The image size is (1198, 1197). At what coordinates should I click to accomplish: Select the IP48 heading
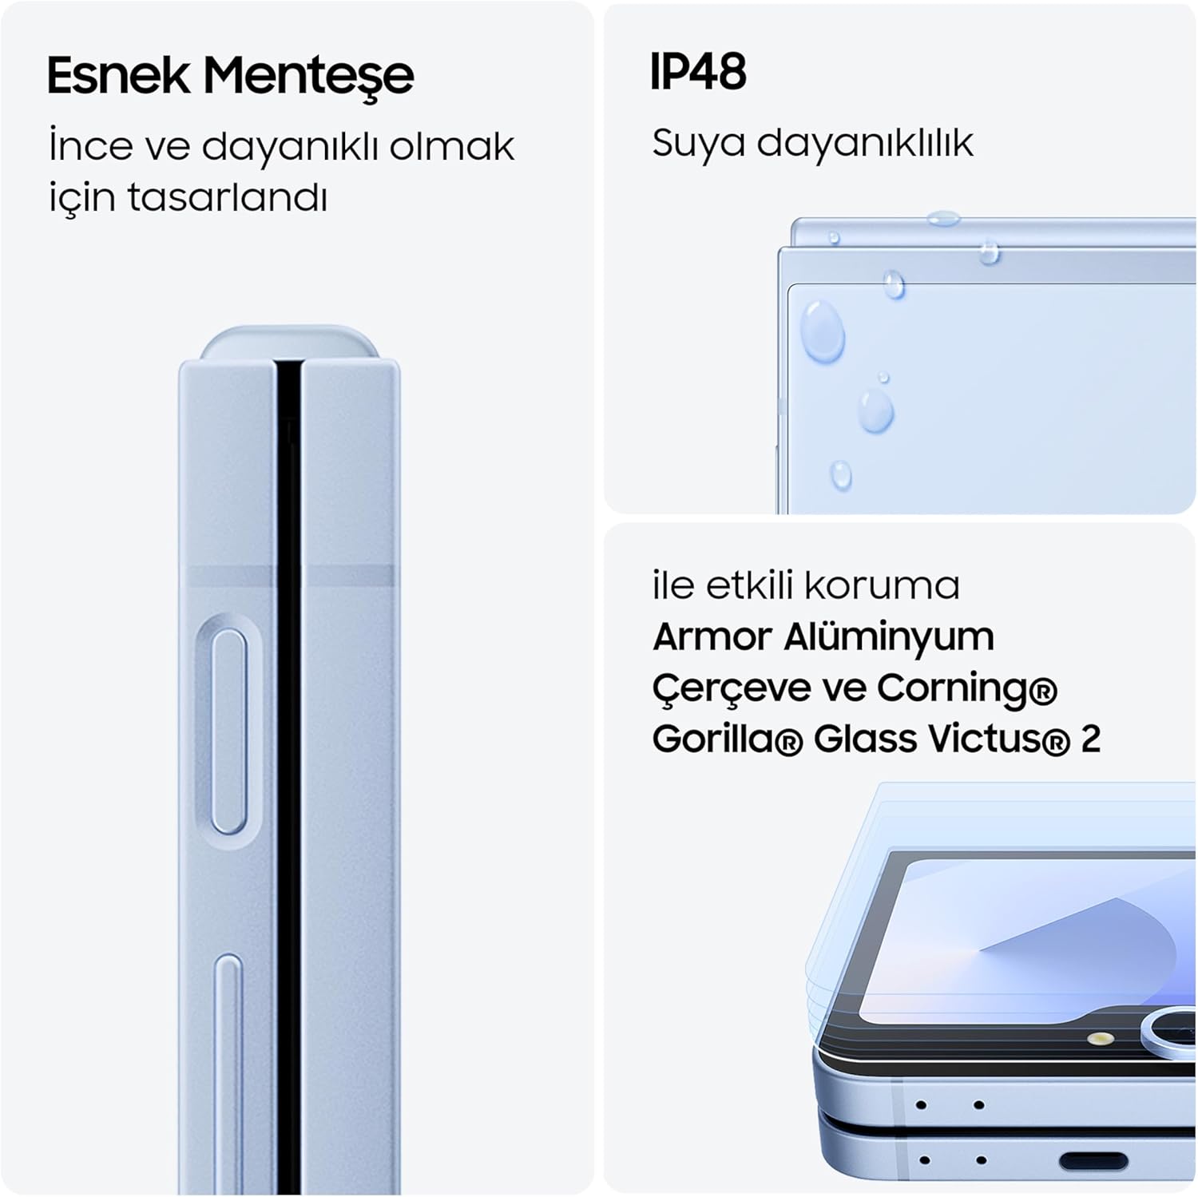[x=698, y=72]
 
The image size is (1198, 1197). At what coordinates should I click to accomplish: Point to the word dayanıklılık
[x=865, y=144]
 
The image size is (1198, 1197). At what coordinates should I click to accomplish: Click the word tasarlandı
[x=228, y=196]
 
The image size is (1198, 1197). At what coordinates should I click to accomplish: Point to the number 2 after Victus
[x=1090, y=739]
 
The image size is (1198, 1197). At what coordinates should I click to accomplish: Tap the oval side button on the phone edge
[x=229, y=731]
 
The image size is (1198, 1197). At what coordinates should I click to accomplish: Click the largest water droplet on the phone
[x=823, y=331]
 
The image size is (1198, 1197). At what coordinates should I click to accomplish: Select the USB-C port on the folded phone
[x=1093, y=1161]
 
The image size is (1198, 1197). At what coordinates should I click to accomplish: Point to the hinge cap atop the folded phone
[x=288, y=342]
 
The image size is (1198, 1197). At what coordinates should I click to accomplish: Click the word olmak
[x=451, y=147]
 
